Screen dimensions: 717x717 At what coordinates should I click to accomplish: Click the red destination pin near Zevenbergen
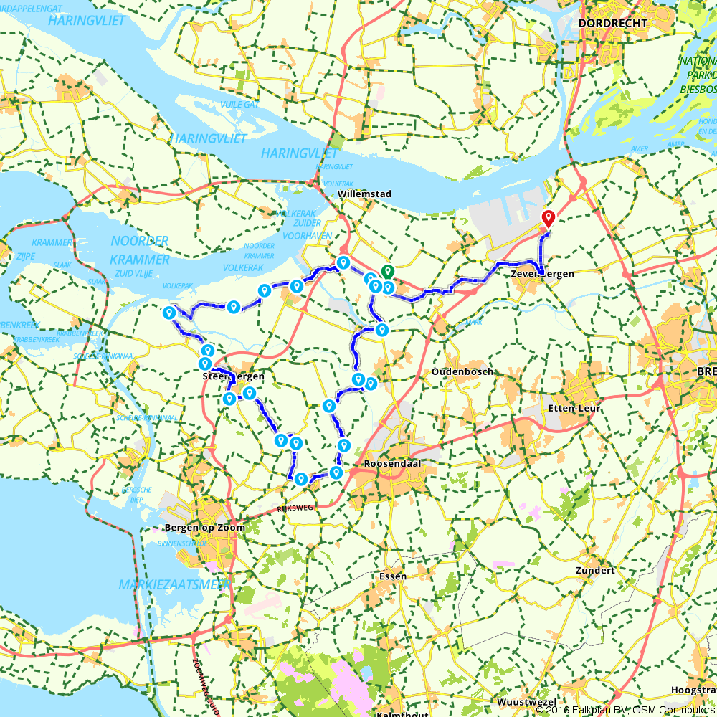pyautogui.click(x=549, y=219)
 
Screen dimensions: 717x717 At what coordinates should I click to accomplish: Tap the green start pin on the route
pyautogui.click(x=387, y=272)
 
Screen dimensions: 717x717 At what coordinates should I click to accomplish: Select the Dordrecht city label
pyautogui.click(x=612, y=24)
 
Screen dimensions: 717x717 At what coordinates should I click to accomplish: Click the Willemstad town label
pyautogui.click(x=366, y=194)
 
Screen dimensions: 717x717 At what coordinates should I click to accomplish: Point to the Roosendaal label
pyautogui.click(x=390, y=464)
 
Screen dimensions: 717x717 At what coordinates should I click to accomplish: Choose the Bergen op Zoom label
pyautogui.click(x=204, y=528)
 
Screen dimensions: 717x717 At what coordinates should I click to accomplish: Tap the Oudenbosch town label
pyautogui.click(x=462, y=372)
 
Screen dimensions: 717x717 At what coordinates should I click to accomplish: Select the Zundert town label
pyautogui.click(x=595, y=571)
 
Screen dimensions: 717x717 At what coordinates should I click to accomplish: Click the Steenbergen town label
pyautogui.click(x=234, y=376)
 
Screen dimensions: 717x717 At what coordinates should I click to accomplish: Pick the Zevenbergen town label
pyautogui.click(x=543, y=274)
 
